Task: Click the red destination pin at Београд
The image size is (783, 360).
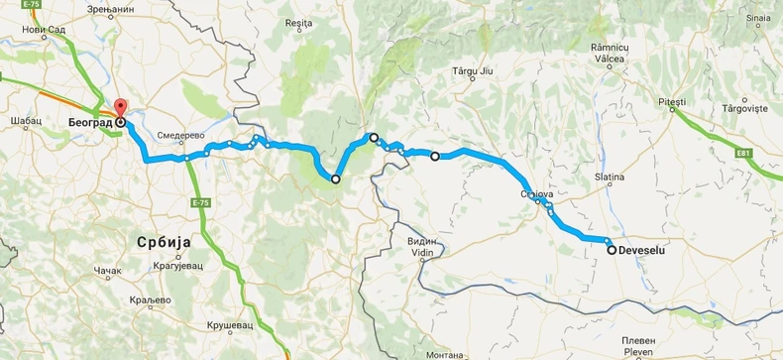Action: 121,109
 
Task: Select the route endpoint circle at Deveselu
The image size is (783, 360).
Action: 612,250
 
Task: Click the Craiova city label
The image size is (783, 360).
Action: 536,195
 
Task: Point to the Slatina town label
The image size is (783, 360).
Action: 608,177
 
